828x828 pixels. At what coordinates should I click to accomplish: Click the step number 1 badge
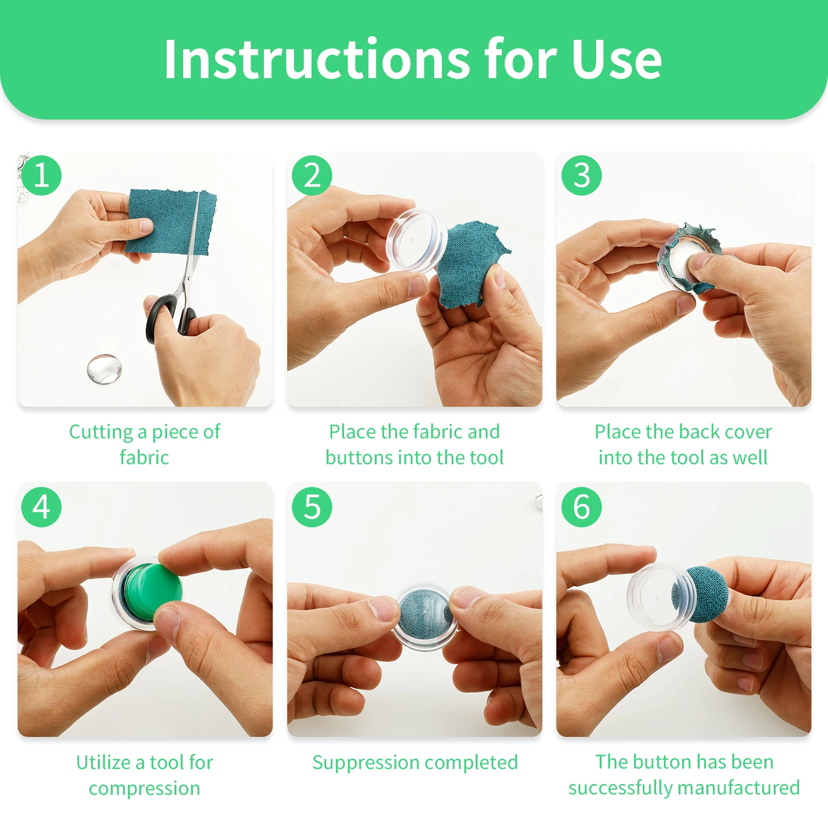pyautogui.click(x=41, y=175)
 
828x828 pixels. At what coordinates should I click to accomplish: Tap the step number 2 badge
pyautogui.click(x=312, y=175)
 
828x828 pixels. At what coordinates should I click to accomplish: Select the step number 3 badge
pyautogui.click(x=582, y=175)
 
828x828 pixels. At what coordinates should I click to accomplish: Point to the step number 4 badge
pyautogui.click(x=41, y=507)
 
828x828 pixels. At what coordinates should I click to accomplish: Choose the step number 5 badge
pyautogui.click(x=312, y=507)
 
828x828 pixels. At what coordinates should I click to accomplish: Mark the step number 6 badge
pyautogui.click(x=582, y=507)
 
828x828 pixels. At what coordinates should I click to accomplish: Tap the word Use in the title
pyautogui.click(x=616, y=60)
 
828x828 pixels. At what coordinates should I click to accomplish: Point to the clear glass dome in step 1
pyautogui.click(x=105, y=369)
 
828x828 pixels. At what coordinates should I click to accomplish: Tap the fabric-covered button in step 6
pyautogui.click(x=700, y=594)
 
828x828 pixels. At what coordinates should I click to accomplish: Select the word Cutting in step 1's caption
pyautogui.click(x=101, y=432)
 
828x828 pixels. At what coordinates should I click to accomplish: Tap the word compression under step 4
pyautogui.click(x=144, y=789)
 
